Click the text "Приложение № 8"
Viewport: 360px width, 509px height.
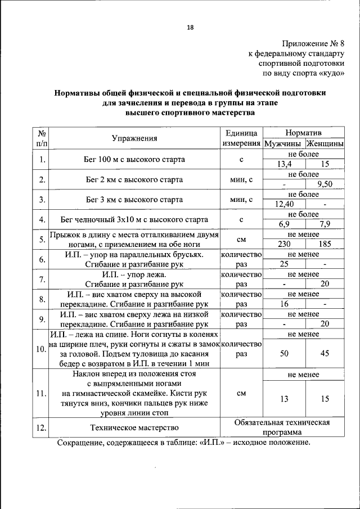tap(313, 43)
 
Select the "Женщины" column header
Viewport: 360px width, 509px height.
tap(325, 143)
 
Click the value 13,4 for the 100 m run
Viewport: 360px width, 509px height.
tap(284, 164)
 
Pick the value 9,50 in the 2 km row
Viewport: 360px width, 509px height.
tap(325, 184)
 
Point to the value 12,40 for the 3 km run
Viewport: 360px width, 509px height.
tap(284, 204)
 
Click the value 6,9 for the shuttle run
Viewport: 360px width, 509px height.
tap(284, 224)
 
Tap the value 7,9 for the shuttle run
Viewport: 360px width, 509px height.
tap(325, 224)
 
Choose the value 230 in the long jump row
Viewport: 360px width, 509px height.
tap(284, 244)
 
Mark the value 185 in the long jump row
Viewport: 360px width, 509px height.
tap(325, 244)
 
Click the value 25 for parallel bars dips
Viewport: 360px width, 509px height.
tap(284, 264)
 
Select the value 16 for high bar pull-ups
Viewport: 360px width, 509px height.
tap(284, 304)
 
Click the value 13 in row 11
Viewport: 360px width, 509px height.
tap(284, 399)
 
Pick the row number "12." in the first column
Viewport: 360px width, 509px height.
tap(41, 428)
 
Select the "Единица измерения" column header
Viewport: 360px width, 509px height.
tap(241, 138)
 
